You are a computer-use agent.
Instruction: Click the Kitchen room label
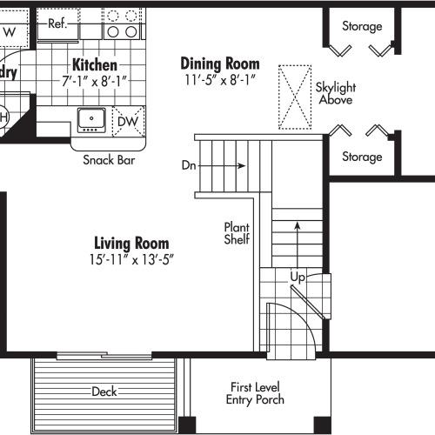[x=95, y=65]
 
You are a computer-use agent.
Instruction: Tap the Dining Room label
[x=219, y=64]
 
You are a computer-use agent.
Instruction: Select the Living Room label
[x=131, y=244]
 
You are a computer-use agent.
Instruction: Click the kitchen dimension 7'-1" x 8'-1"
[x=95, y=80]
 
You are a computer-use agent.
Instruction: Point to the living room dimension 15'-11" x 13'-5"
[x=131, y=259]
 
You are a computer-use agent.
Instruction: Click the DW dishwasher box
[x=127, y=121]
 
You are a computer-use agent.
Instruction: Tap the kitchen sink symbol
[x=90, y=119]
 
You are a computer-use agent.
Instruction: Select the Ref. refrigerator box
[x=58, y=23]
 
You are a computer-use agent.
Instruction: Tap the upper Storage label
[x=361, y=26]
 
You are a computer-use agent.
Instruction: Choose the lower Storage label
[x=361, y=157]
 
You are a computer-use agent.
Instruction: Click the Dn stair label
[x=189, y=164]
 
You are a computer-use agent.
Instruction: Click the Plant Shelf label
[x=238, y=231]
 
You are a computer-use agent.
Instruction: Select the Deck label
[x=104, y=391]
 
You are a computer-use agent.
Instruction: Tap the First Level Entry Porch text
[x=256, y=393]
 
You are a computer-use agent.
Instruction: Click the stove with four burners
[x=122, y=23]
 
